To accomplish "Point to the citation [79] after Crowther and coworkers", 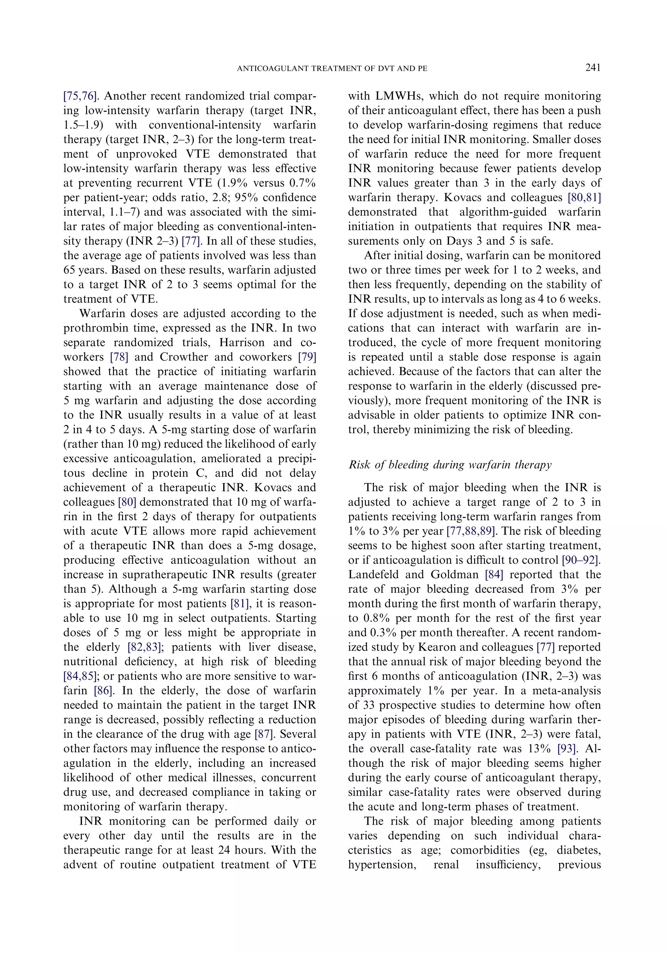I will click(x=307, y=357).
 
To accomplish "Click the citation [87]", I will click(x=264, y=734).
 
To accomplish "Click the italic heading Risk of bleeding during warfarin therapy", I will click(x=450, y=465).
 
